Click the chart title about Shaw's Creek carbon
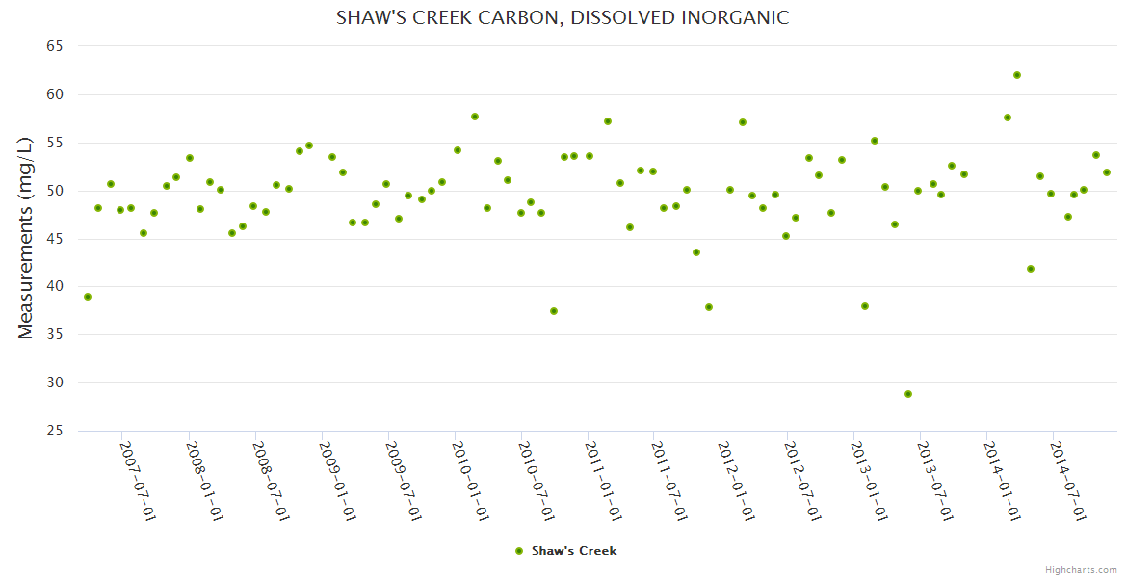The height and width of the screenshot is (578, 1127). pyautogui.click(x=563, y=17)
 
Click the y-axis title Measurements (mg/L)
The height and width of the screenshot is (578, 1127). pyautogui.click(x=26, y=237)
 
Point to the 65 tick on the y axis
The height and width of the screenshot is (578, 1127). pyautogui.click(x=54, y=46)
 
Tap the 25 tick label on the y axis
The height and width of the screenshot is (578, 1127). pyautogui.click(x=54, y=431)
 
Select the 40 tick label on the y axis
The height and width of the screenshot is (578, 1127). pyautogui.click(x=54, y=287)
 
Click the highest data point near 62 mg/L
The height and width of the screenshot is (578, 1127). pyautogui.click(x=1017, y=75)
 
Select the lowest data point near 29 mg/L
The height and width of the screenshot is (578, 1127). pyautogui.click(x=908, y=394)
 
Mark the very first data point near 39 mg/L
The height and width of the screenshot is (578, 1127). pyautogui.click(x=88, y=297)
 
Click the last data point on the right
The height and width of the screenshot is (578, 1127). pyautogui.click(x=1107, y=172)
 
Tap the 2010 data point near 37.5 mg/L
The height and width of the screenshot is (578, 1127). pyautogui.click(x=554, y=311)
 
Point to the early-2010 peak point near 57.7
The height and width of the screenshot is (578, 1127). pyautogui.click(x=475, y=117)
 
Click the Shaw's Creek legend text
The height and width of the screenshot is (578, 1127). pyautogui.click(x=574, y=551)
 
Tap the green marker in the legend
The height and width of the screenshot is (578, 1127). pyautogui.click(x=519, y=551)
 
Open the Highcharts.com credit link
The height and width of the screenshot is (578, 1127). pyautogui.click(x=1081, y=569)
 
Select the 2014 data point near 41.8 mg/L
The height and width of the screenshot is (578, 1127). pyautogui.click(x=1031, y=269)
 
